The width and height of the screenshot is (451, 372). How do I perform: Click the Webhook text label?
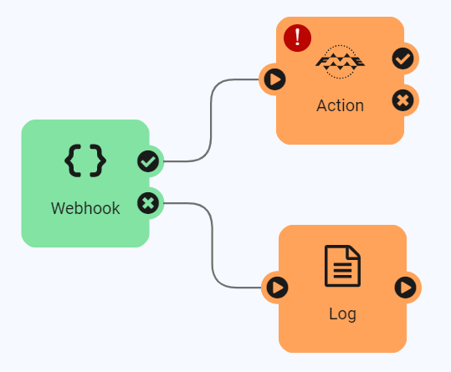85,208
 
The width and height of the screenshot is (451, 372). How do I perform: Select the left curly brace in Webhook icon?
73,161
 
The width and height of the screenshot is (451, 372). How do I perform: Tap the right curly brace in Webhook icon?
97,161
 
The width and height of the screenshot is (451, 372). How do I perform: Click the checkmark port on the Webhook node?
148,161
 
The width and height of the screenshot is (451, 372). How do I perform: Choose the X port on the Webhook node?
148,202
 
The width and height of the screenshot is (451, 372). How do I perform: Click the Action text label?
340,106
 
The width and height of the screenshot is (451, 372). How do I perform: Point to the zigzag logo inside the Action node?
340,62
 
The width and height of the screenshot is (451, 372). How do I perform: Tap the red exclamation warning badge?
297,38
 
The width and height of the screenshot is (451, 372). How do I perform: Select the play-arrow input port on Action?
274,79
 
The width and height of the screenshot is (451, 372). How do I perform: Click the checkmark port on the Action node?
403,59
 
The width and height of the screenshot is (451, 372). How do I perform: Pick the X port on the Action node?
403,101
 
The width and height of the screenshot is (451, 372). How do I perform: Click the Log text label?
342,314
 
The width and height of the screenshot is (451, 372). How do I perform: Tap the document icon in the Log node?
342,266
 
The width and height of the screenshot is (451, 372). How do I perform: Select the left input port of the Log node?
276,288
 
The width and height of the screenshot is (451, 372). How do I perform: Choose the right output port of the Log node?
406,288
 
